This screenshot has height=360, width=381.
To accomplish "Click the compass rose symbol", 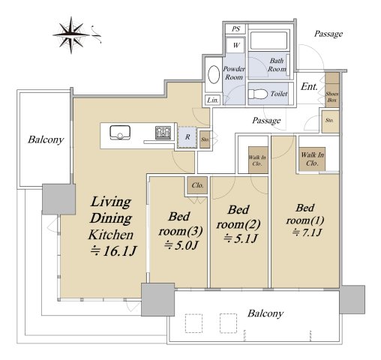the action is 71,35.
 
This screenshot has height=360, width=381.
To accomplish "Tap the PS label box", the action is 235,28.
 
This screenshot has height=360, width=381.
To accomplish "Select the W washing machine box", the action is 235,45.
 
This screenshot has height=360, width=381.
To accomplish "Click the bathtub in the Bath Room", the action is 268,40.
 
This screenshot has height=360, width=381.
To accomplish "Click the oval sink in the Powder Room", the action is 214,74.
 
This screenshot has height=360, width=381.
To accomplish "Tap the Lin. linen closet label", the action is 213,100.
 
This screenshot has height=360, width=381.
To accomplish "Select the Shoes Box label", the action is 332,97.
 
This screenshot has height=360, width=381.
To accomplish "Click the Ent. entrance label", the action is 309,86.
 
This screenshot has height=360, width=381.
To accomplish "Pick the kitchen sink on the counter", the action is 120,133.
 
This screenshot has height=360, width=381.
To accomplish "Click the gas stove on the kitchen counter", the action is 163,133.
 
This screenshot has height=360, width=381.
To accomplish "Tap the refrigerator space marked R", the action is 187,137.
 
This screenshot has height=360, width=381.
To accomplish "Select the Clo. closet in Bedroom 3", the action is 197,185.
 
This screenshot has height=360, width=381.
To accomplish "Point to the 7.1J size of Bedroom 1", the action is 307,233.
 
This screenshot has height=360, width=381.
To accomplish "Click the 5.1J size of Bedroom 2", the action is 240,238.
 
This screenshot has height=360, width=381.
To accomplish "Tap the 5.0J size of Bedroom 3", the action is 181,245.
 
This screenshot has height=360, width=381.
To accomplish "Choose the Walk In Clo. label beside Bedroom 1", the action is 312,159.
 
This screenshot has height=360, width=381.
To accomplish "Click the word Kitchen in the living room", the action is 111,235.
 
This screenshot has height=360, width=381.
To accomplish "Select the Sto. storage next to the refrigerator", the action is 205,139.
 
